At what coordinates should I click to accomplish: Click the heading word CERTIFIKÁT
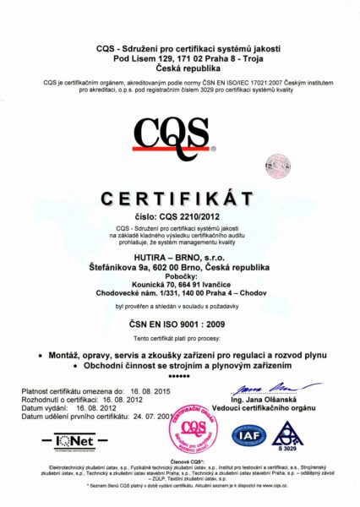177,199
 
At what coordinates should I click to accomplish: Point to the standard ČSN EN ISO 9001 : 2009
178,322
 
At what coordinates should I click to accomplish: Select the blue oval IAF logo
249,436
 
